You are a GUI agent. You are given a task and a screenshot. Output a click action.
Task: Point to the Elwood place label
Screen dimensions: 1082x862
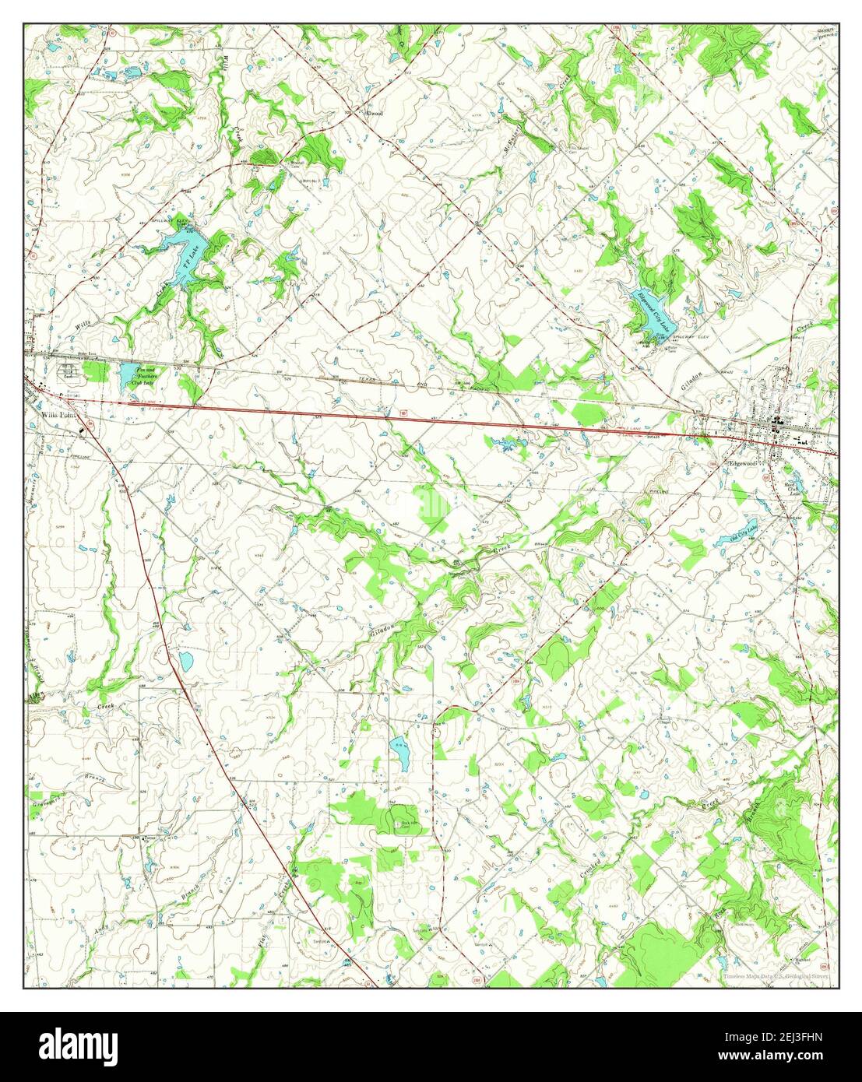coord(375,114)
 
